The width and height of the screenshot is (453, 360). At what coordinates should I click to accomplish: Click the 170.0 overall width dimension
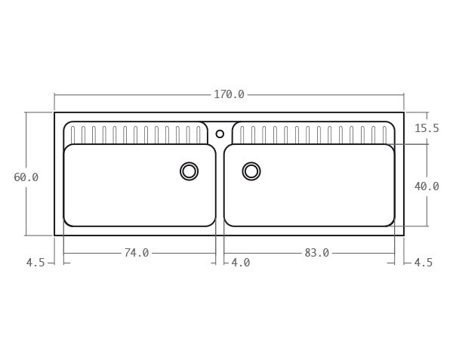(x=229, y=94)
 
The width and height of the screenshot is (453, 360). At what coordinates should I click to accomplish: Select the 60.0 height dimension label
(x=26, y=177)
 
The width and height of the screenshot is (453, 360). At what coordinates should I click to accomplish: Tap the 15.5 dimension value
(x=426, y=128)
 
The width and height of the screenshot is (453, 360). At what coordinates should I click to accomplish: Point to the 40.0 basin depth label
(x=426, y=186)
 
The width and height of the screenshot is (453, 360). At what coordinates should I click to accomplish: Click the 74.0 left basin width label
(x=137, y=253)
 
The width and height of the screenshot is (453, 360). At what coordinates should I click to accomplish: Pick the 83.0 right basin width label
(x=316, y=253)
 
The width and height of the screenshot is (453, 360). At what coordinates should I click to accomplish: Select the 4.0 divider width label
(x=240, y=263)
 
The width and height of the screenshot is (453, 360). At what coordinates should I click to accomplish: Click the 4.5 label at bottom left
(x=35, y=263)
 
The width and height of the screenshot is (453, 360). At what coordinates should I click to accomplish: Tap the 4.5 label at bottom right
(x=423, y=263)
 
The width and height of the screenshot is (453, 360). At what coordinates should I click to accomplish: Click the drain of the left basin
(x=190, y=171)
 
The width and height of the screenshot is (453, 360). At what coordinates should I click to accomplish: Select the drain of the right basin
(x=251, y=171)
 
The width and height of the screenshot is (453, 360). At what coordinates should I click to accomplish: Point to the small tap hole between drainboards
(x=220, y=134)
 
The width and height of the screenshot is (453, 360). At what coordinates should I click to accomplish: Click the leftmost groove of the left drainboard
(x=73, y=134)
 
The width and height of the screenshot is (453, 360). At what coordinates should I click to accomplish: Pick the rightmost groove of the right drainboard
(x=384, y=134)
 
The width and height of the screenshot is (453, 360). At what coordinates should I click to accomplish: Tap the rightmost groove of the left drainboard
(x=199, y=134)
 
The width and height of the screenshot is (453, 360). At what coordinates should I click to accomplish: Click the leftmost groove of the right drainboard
(x=242, y=134)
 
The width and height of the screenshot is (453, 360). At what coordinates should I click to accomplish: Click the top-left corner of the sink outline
(x=54, y=112)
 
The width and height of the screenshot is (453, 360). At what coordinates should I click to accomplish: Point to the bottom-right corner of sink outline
(x=403, y=235)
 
